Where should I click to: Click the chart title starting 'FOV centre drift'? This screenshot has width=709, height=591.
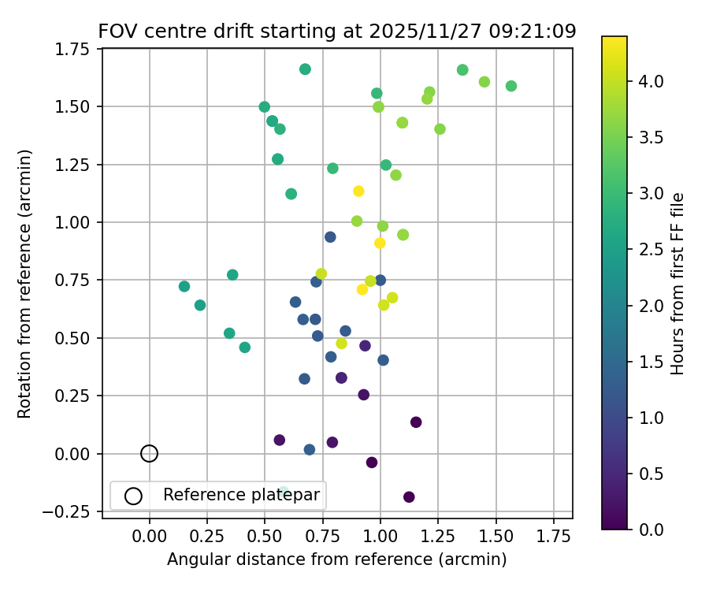pyautogui.click(x=337, y=32)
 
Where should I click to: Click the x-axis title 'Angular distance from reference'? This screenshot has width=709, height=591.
pyautogui.click(x=337, y=559)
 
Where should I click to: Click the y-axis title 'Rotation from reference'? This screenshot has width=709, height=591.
pyautogui.click(x=24, y=282)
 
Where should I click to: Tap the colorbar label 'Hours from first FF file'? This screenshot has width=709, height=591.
pyautogui.click(x=677, y=283)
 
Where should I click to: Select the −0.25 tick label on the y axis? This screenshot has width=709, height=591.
pyautogui.click(x=72, y=511)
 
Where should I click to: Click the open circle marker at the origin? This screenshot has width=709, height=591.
pyautogui.click(x=150, y=453)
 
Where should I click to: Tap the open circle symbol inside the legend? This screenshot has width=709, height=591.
pyautogui.click(x=133, y=496)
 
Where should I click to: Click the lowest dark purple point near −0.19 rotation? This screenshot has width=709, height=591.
pyautogui.click(x=409, y=497)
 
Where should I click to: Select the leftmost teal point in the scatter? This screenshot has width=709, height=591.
pyautogui.click(x=184, y=286)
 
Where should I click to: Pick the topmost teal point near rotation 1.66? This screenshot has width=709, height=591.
pyautogui.click(x=305, y=69)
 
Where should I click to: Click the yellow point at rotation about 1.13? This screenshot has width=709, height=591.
pyautogui.click(x=358, y=191)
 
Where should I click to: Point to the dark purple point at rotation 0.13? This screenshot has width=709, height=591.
pyautogui.click(x=416, y=422)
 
